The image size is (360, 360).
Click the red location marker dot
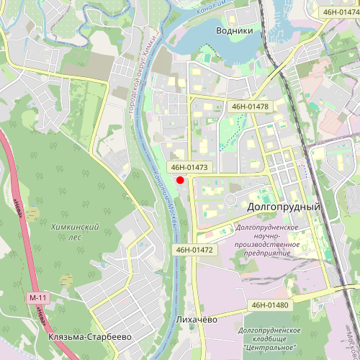coord(180,179)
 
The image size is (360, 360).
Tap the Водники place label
coord(235,31)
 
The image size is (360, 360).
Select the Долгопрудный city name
coord(283,207)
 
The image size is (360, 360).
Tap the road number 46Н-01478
coord(250,107)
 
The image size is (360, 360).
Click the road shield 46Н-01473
coord(189,167)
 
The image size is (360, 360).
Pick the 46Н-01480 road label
coord(270,305)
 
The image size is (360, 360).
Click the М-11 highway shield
coord(38,297)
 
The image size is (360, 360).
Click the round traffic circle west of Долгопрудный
coord(232,199)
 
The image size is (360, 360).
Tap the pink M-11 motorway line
coord(20,216)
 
